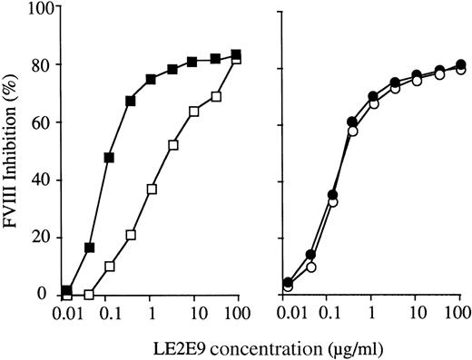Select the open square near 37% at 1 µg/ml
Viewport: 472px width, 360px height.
coord(152,189)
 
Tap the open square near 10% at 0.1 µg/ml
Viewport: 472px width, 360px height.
coord(110,267)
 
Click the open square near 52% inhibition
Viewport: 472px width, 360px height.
coord(172,145)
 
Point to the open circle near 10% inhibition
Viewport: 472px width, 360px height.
coord(310,267)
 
